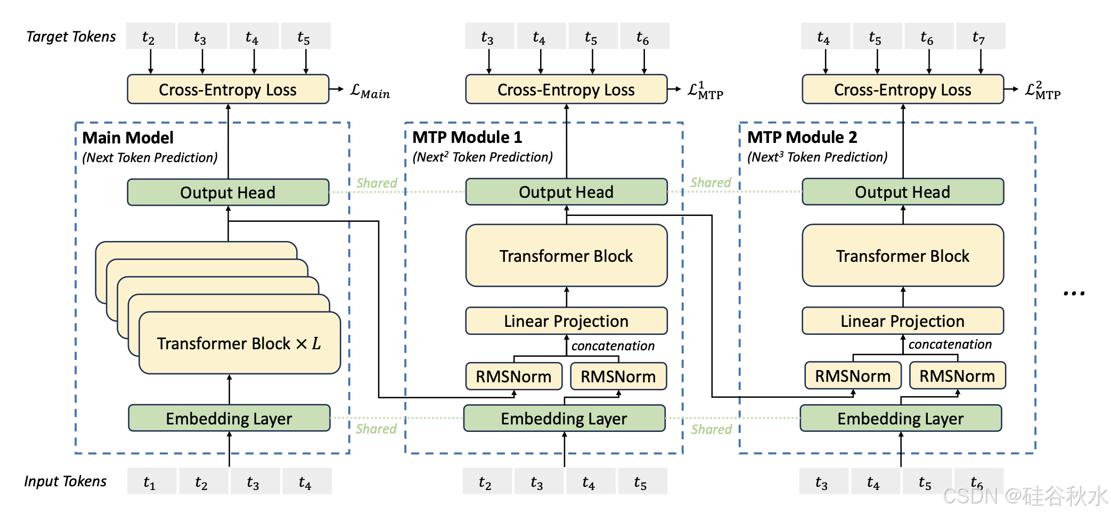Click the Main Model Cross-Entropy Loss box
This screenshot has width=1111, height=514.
coord(228,89)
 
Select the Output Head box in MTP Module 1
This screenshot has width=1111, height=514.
coord(566,192)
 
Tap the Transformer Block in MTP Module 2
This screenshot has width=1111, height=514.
coord(903,255)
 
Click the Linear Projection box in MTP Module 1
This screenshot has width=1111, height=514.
coord(566,321)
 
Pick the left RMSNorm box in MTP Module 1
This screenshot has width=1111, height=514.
coord(514,376)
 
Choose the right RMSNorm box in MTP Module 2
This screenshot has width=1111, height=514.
coord(958,376)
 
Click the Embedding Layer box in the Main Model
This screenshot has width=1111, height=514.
coord(229,419)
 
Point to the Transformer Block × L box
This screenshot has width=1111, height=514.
coord(240,343)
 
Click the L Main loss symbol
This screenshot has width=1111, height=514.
coord(370,92)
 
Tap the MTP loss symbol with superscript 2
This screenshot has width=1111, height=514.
coord(1043,91)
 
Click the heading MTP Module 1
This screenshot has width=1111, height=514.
coord(467,137)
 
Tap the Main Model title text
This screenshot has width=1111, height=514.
coord(128,138)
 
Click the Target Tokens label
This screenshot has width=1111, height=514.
coord(71,36)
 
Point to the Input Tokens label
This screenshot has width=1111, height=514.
coord(65,481)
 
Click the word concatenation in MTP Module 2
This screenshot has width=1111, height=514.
coord(950,344)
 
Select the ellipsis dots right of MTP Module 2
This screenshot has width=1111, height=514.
coord(1074,293)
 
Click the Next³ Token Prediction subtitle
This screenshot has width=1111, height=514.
coord(817,157)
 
